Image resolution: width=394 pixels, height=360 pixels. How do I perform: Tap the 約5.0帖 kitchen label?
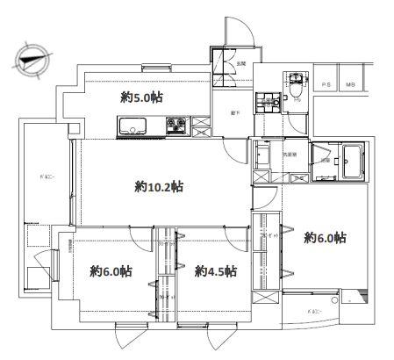[x=142, y=97]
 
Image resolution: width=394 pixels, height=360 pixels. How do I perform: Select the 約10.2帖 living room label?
[x=159, y=186]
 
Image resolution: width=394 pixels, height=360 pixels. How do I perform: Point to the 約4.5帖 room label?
[x=214, y=271]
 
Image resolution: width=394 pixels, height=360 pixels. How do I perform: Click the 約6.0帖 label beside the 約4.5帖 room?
[x=111, y=271]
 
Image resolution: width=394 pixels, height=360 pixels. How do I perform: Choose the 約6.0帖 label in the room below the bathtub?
[x=324, y=238]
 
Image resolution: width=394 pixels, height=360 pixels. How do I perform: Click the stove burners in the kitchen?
[x=176, y=125]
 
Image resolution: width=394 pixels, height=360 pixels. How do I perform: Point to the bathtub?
[x=354, y=159]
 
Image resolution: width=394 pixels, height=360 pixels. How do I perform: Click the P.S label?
[x=326, y=84]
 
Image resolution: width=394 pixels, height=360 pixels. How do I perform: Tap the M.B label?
[x=350, y=84]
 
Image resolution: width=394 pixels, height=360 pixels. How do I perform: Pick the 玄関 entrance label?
[x=240, y=63]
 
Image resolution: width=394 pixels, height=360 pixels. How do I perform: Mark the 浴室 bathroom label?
[x=325, y=161]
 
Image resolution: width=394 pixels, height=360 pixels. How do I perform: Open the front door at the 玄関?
[x=239, y=35]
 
